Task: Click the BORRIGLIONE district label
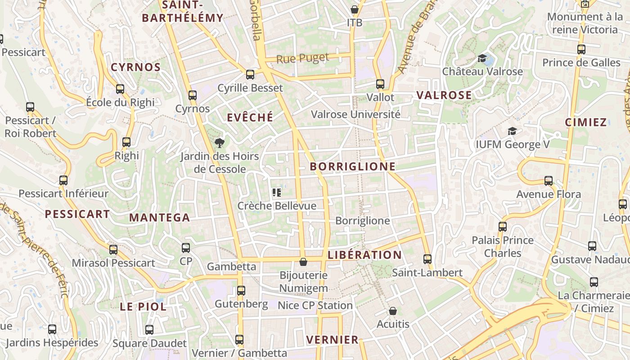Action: click(x=353, y=166)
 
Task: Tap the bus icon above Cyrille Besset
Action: click(x=250, y=75)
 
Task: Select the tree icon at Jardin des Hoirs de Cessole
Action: click(x=220, y=143)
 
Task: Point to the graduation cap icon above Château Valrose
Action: click(x=482, y=58)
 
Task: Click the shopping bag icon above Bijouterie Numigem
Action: click(x=303, y=262)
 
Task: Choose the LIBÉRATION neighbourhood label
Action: click(x=364, y=255)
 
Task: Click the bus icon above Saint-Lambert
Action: click(x=427, y=259)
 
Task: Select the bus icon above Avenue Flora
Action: click(x=549, y=181)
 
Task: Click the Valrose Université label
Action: click(x=355, y=114)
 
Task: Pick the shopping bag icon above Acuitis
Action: click(x=393, y=311)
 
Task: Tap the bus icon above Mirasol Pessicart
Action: click(x=113, y=250)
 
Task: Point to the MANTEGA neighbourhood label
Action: click(x=160, y=218)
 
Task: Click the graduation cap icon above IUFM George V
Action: click(x=512, y=131)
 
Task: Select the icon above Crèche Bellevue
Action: click(x=277, y=193)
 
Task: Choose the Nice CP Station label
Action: click(x=315, y=306)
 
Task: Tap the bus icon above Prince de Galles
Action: click(x=581, y=49)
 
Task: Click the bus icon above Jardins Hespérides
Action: click(x=52, y=329)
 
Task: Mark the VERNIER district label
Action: click(x=332, y=340)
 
